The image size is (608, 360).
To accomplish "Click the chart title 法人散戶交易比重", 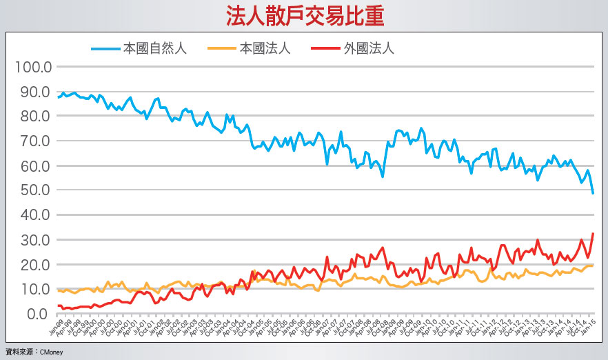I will [305, 16].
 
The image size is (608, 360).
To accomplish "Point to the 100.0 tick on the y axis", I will [34, 68].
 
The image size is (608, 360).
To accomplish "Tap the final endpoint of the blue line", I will [593, 193].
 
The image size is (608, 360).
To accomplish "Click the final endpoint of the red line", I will [593, 234].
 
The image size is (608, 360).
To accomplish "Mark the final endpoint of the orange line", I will [593, 265].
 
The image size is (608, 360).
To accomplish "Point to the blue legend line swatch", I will [105, 48].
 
